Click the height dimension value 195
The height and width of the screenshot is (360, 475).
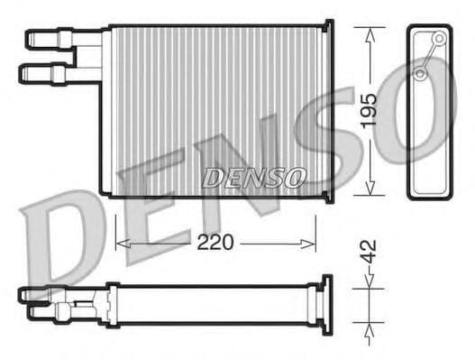(369, 110)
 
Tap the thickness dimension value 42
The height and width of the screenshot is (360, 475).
(369, 253)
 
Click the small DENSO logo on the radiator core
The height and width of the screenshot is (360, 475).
(253, 177)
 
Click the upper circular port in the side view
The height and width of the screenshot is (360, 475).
(439, 39)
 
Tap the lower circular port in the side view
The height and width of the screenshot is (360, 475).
(421, 73)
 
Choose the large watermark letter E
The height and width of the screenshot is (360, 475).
(153, 203)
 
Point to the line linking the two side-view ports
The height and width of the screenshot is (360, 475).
(430, 56)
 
